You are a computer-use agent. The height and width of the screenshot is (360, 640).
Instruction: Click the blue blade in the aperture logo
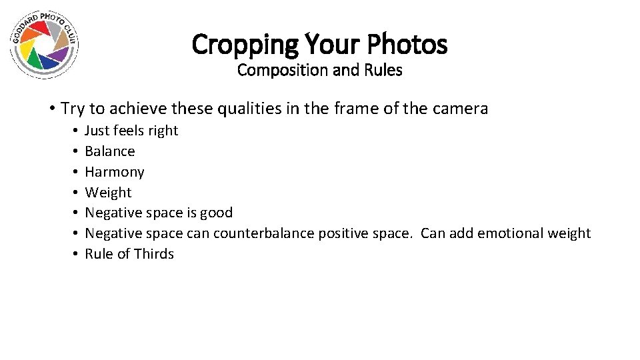tap(49, 61)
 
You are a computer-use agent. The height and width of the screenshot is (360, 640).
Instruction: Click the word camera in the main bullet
tap(463, 108)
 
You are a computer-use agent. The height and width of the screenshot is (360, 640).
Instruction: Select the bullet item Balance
tap(109, 151)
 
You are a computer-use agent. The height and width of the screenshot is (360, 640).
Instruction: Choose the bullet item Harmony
tap(114, 172)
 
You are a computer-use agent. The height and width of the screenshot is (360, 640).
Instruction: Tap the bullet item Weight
tap(108, 193)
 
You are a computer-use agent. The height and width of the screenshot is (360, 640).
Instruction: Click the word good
tap(217, 213)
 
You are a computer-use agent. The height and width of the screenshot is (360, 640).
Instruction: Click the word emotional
tap(506, 233)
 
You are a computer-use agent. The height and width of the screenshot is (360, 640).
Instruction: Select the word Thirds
tap(154, 254)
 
